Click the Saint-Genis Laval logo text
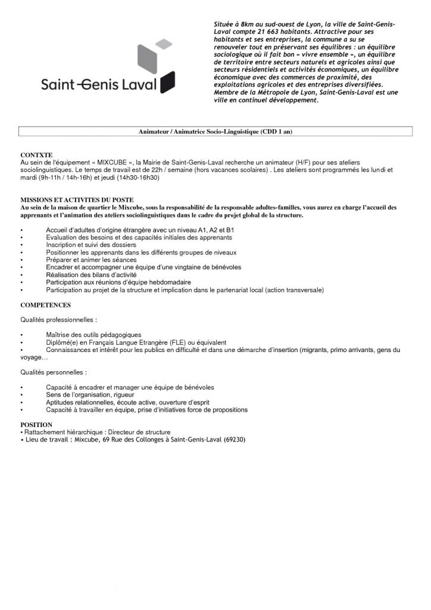tap(99, 85)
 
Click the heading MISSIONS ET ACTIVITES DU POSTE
tap(77, 200)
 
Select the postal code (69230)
tap(235, 440)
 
